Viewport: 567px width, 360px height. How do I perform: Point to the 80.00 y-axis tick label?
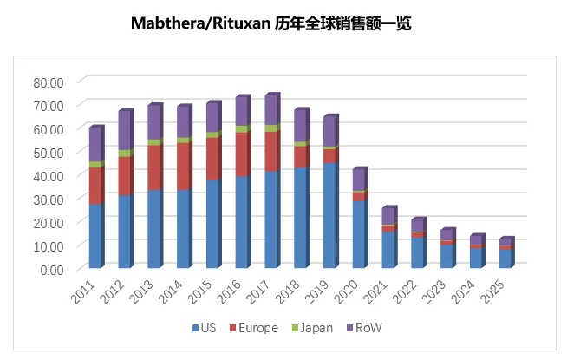(49, 82)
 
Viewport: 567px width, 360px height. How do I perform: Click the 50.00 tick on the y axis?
(49, 153)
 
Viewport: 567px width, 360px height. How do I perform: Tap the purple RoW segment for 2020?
(360, 180)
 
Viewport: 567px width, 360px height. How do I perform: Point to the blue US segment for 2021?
(389, 250)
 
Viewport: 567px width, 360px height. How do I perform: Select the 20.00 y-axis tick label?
(49, 223)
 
